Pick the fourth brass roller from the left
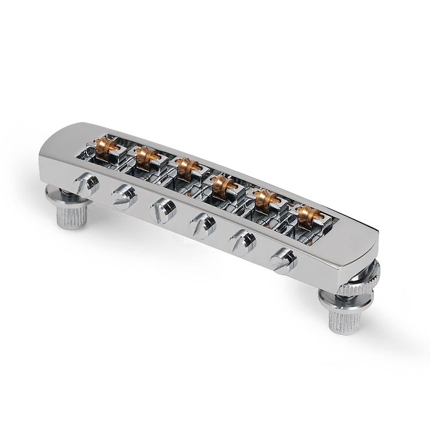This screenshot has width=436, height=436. (x=222, y=184)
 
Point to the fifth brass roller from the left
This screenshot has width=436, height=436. (x=264, y=198)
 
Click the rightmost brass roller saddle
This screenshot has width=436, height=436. (x=306, y=215)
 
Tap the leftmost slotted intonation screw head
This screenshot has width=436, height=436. (x=87, y=184)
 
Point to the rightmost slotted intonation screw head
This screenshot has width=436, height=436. (x=283, y=261)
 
